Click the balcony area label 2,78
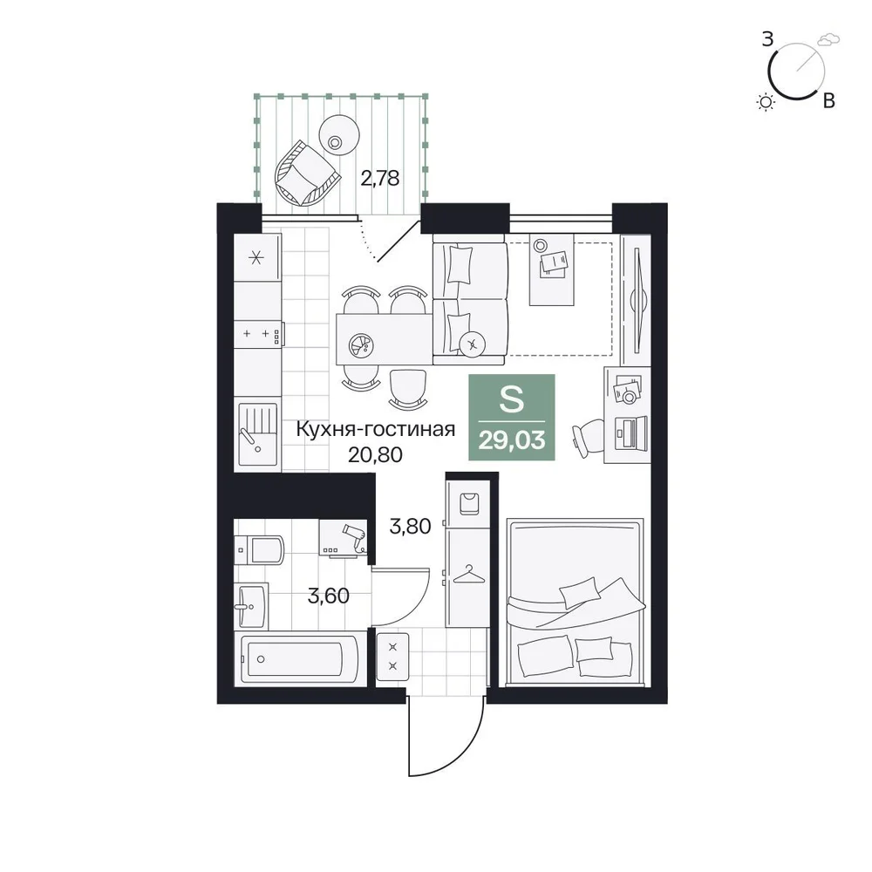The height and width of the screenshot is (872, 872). click(x=380, y=179)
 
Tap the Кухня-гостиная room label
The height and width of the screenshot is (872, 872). click(x=375, y=429)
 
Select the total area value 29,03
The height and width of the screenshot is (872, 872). click(x=512, y=440)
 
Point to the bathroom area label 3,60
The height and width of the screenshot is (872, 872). click(x=328, y=596)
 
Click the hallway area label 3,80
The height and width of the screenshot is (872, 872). click(x=410, y=526)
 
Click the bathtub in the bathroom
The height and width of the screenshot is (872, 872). click(x=300, y=659)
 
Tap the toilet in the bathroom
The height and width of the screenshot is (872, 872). click(x=259, y=550)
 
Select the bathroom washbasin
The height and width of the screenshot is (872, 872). click(x=251, y=606)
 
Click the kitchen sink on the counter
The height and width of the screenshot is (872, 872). click(x=257, y=433)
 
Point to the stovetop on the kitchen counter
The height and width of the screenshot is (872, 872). click(x=258, y=334)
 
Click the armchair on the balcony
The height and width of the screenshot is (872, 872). click(x=306, y=174)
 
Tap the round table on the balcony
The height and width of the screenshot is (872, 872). click(x=338, y=136)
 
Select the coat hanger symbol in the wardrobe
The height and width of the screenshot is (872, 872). click(x=469, y=575)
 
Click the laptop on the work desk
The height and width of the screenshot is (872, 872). click(x=631, y=433)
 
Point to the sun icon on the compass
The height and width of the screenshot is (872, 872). click(x=766, y=102)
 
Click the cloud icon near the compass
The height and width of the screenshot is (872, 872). click(x=828, y=39)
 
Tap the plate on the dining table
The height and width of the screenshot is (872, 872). click(x=361, y=345)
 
